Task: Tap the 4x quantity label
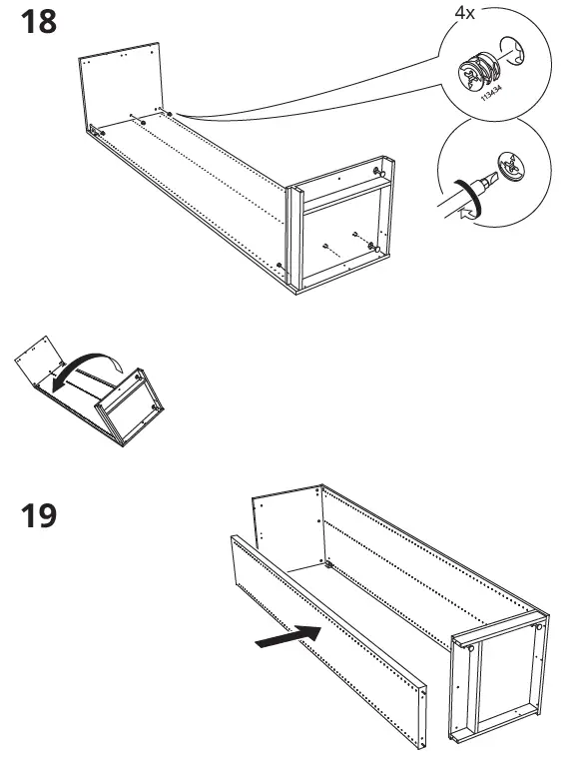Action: pos(465,15)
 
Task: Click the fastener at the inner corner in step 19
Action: pos(327,565)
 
